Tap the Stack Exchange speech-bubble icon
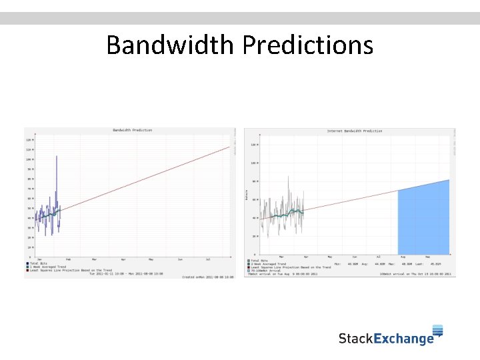coord(438,331)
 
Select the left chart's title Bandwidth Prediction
coord(132,130)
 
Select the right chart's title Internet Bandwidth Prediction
coord(355,131)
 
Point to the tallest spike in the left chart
coord(57,157)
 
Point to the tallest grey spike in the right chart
coord(288,177)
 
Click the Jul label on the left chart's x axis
coord(209,259)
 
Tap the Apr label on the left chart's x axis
coord(123,259)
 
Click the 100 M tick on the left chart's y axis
coord(29,159)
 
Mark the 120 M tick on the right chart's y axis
coord(254,144)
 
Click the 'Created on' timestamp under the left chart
coord(209,277)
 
